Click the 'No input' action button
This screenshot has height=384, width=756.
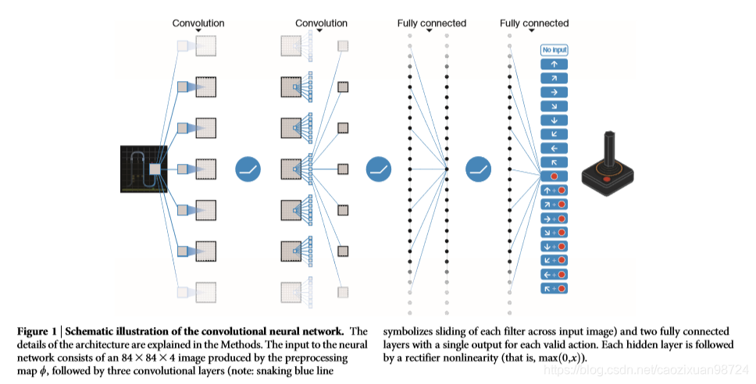tap(554, 51)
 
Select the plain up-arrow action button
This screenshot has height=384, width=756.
tap(554, 65)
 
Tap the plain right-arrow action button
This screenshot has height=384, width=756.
tap(554, 92)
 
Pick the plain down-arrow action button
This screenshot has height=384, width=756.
tap(554, 120)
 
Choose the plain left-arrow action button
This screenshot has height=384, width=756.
tap(554, 148)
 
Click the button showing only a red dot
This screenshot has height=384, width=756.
tap(554, 176)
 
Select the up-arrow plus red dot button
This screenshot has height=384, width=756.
tap(554, 190)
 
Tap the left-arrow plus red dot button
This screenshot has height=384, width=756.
tap(554, 275)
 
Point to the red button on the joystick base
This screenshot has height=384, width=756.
tap(607, 180)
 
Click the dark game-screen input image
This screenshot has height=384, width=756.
tap(144, 169)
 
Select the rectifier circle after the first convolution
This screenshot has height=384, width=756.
tap(248, 169)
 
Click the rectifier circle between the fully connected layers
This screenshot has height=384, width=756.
tap(478, 169)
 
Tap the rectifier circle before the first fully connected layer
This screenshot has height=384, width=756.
tap(377, 169)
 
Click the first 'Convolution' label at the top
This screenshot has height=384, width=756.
tap(198, 23)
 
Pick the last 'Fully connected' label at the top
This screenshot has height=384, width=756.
tap(534, 23)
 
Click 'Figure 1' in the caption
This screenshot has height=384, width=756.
tap(37, 332)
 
